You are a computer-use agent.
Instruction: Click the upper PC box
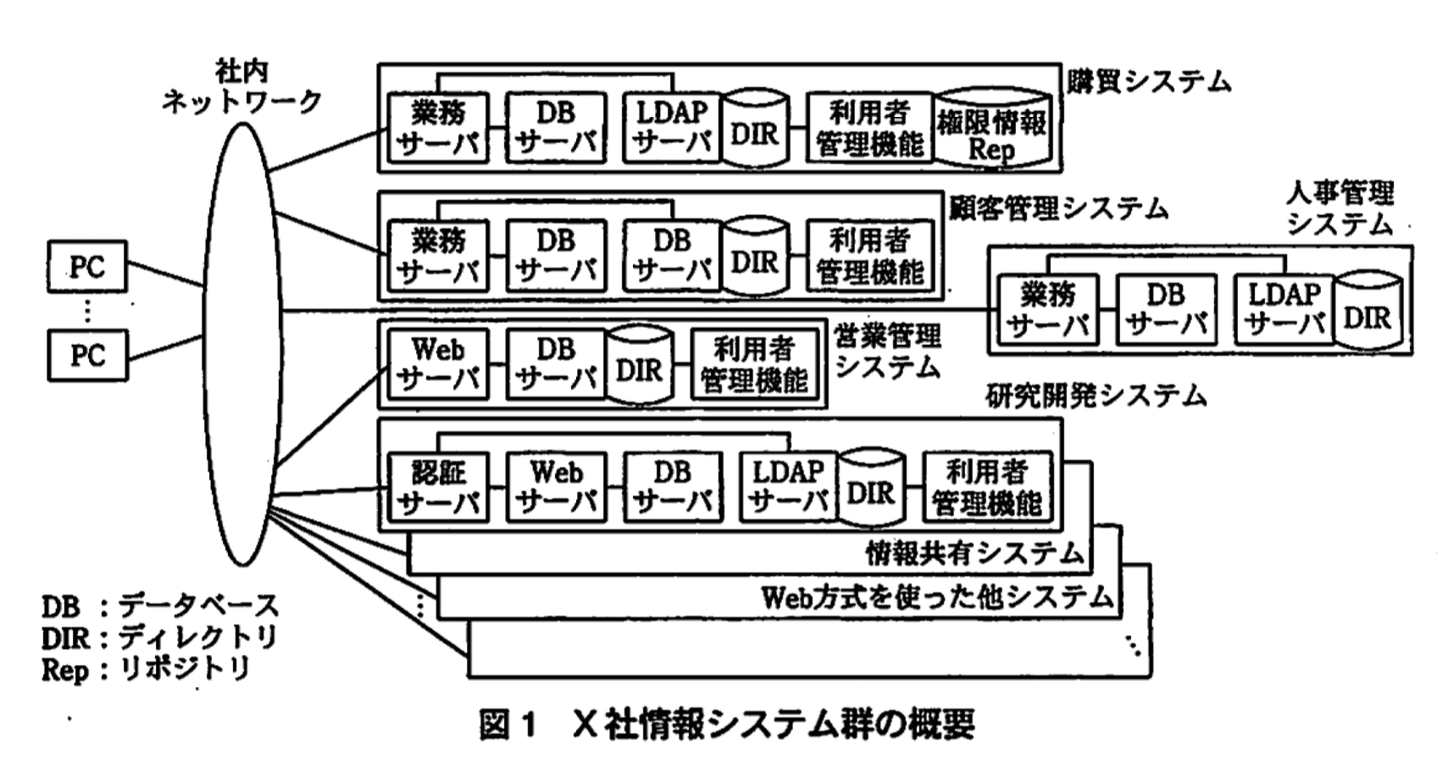[86, 267]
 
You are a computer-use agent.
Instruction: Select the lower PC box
[86, 355]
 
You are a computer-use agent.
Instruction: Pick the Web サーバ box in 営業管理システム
[438, 364]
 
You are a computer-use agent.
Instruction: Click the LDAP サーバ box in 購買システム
[672, 127]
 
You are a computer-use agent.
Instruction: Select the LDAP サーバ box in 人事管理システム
[1285, 309]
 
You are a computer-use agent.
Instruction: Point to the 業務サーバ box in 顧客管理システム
[438, 256]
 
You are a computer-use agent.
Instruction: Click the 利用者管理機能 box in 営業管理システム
[754, 364]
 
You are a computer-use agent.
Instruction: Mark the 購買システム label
[1148, 81]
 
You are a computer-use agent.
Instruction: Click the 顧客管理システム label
[1058, 208]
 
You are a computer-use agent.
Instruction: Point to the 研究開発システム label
[1095, 396]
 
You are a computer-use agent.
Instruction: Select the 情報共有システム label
[974, 553]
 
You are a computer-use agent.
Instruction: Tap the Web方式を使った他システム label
[937, 598]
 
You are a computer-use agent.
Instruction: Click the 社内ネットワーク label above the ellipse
[241, 87]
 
